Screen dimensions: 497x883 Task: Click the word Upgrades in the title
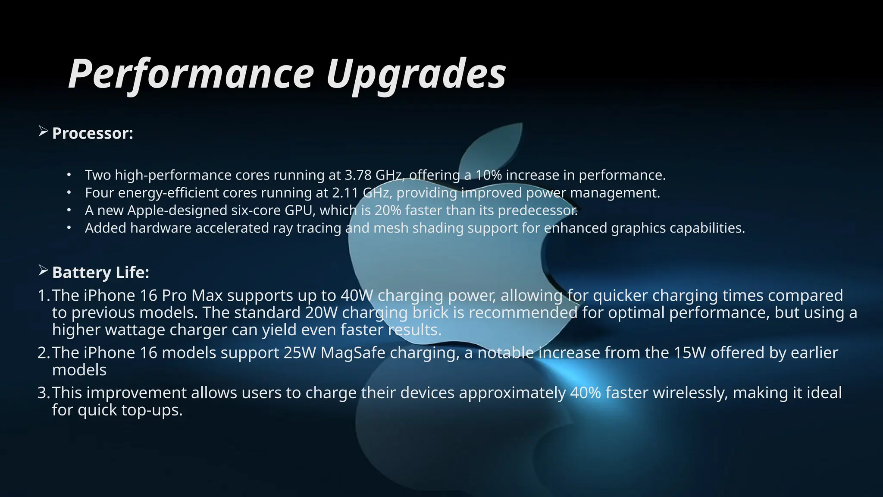click(416, 74)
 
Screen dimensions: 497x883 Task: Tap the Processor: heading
click(93, 133)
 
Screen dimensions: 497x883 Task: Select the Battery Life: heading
click(100, 273)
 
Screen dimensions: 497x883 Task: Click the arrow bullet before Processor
click(43, 131)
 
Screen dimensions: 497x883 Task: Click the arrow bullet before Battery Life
click(43, 271)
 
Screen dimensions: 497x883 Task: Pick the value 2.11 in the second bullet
click(345, 193)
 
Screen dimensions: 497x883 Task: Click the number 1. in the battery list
click(44, 296)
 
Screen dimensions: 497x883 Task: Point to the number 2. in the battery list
click(44, 353)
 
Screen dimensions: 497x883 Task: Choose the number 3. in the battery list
click(44, 393)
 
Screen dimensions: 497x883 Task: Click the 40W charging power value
click(357, 296)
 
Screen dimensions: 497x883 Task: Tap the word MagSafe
click(353, 353)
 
